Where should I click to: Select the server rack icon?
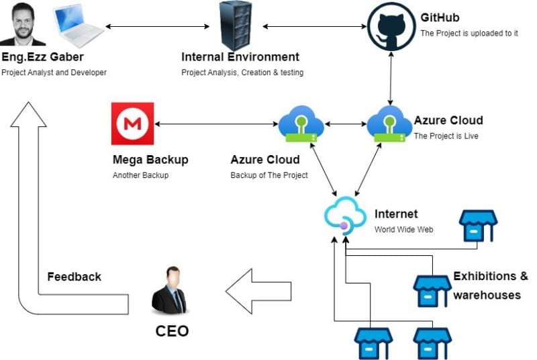click(x=236, y=26)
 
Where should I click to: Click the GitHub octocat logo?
click(x=391, y=27)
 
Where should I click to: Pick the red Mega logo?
click(x=132, y=124)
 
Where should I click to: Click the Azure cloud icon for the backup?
click(x=301, y=125)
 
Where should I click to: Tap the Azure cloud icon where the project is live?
click(x=389, y=125)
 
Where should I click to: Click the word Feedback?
click(x=74, y=277)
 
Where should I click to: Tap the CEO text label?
click(x=172, y=331)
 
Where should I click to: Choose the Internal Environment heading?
click(x=240, y=57)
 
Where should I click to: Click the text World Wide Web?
click(x=403, y=229)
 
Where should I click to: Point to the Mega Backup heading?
click(x=150, y=160)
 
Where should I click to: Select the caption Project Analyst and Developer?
click(x=54, y=72)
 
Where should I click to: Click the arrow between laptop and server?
click(x=158, y=27)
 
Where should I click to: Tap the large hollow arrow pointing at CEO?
click(x=258, y=290)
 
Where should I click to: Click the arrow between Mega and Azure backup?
click(x=216, y=124)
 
